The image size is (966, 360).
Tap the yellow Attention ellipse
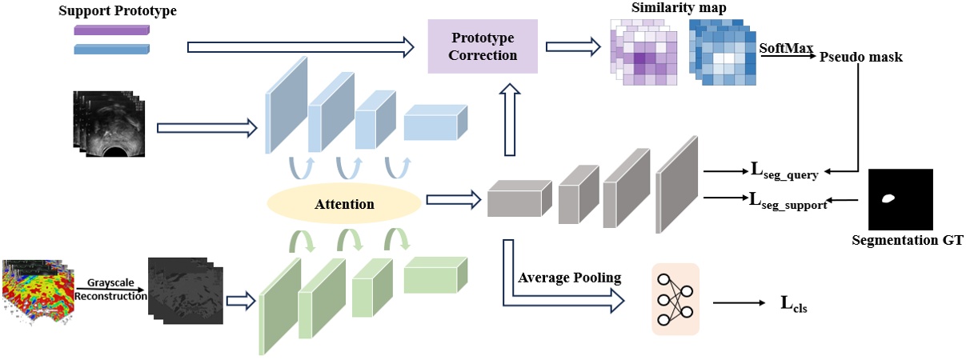(343, 205)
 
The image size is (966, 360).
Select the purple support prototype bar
(111, 30)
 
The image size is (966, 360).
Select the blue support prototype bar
(111, 49)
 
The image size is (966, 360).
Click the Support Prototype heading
(118, 11)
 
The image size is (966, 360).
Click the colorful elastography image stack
(36, 292)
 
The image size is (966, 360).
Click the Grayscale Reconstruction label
(110, 289)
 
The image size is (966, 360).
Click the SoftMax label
(781, 47)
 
